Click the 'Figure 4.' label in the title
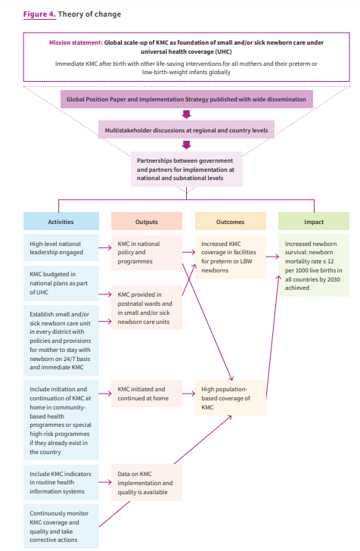pyautogui.click(x=39, y=14)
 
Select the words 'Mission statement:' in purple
pyautogui.click(x=76, y=42)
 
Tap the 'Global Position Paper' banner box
pyautogui.click(x=187, y=99)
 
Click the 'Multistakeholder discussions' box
pyautogui.click(x=187, y=130)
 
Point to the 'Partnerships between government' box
pyautogui.click(x=187, y=169)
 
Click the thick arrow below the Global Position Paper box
pyautogui.click(x=187, y=114)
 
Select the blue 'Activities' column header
pyautogui.click(x=61, y=221)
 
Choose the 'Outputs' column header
pyautogui.click(x=147, y=221)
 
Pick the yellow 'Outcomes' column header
pyautogui.click(x=231, y=221)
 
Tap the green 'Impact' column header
pyautogui.click(x=314, y=221)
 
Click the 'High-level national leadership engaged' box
pyautogui.click(x=61, y=247)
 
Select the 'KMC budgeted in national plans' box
pyautogui.click(x=61, y=283)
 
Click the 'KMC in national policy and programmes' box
pyautogui.click(x=147, y=252)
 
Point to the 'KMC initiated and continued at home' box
pyautogui.click(x=147, y=394)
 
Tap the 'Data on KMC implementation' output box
pyautogui.click(x=147, y=482)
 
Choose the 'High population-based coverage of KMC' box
pyautogui.click(x=231, y=398)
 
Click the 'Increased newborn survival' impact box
pyautogui.click(x=314, y=266)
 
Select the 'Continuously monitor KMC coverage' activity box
pyautogui.click(x=61, y=527)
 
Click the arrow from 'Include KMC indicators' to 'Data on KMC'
pyautogui.click(x=105, y=482)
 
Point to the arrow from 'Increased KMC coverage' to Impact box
pyautogui.click(x=272, y=257)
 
